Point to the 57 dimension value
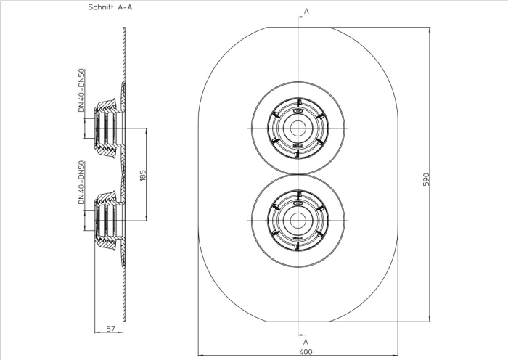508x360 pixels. pos(111,329)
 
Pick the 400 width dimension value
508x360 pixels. pos(306,351)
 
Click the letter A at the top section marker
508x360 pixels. pos(306,12)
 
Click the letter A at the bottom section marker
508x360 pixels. pos(306,341)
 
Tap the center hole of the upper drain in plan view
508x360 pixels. pos(297,128)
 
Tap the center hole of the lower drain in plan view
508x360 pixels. pos(297,221)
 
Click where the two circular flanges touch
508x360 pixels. pos(297,174)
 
